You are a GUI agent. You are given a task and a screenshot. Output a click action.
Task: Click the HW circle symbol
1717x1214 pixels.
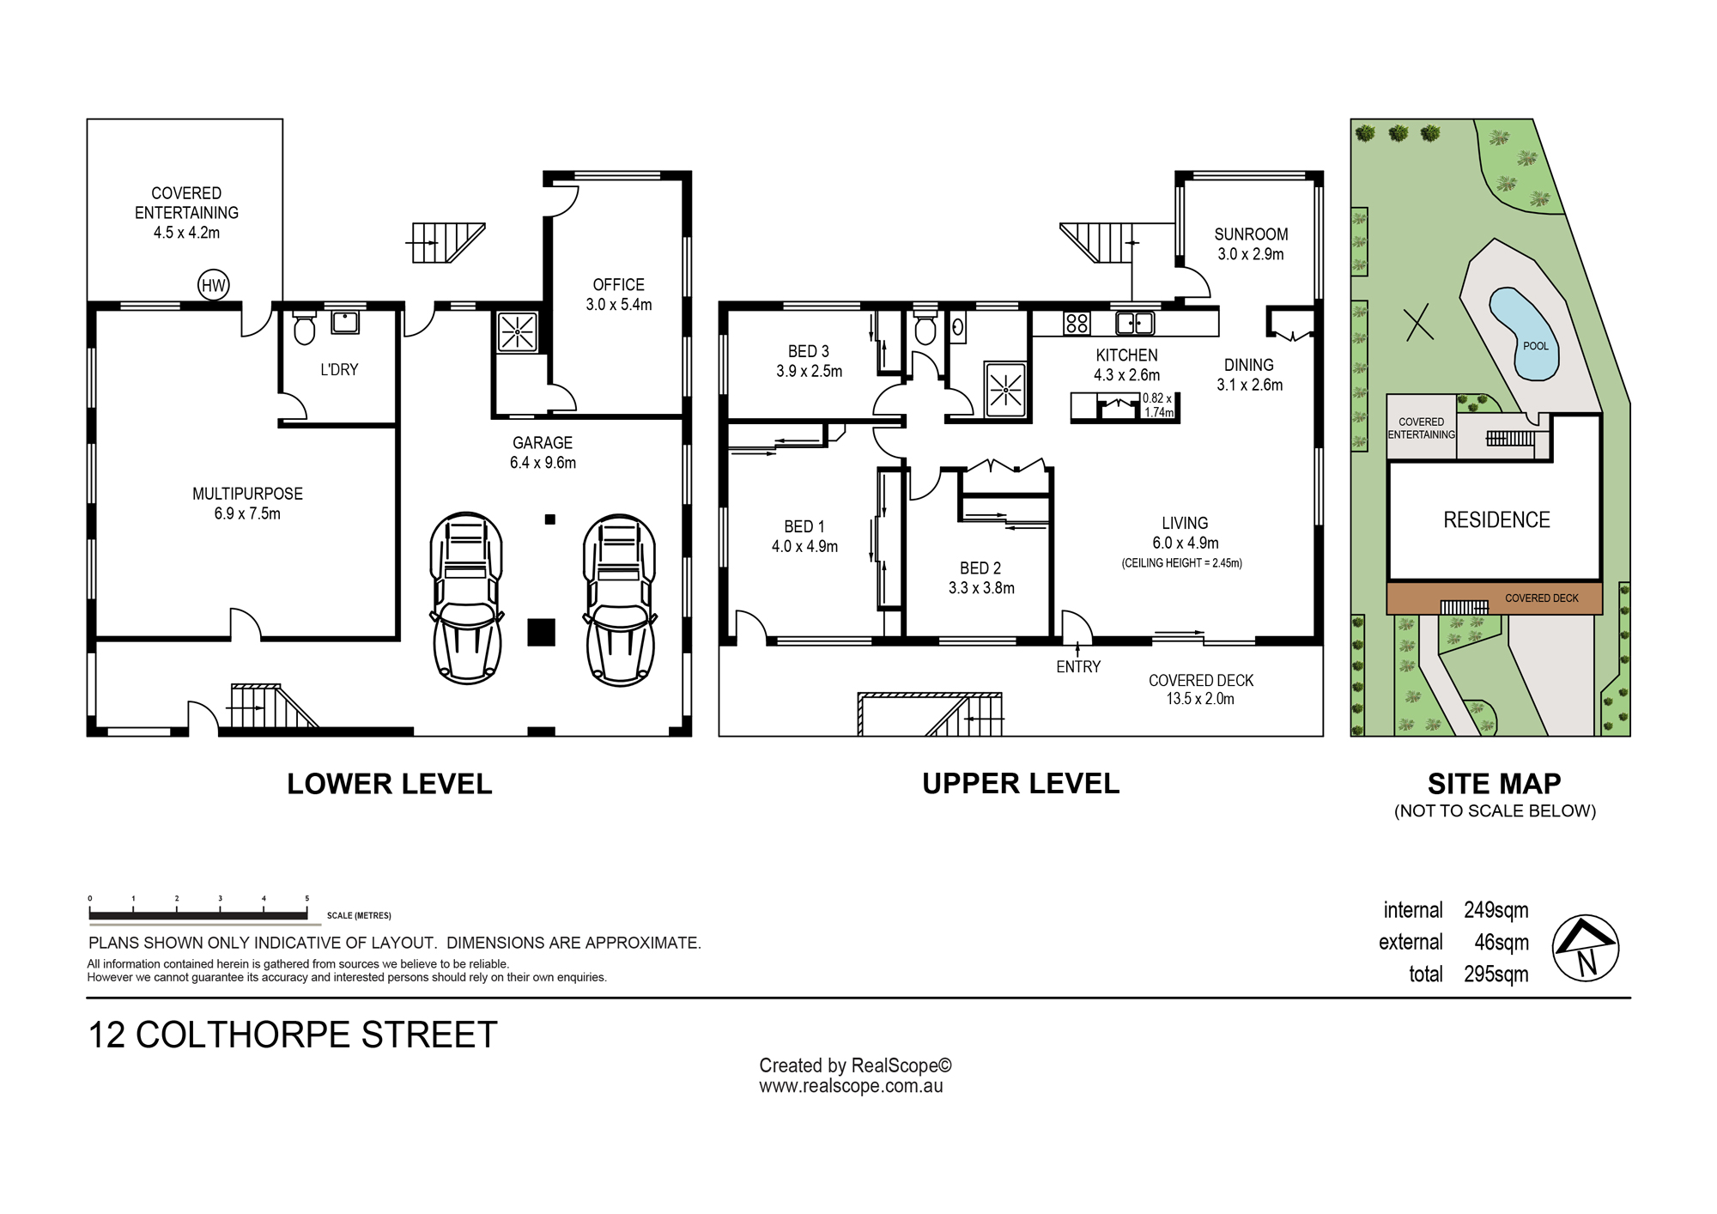click(213, 286)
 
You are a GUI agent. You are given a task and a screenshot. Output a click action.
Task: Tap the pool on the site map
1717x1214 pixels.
click(1523, 334)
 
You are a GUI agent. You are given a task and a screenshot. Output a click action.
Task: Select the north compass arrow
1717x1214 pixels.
click(1586, 948)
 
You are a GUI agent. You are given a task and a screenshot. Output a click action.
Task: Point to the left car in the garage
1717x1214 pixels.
click(466, 598)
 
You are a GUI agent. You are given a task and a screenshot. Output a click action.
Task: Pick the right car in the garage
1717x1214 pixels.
click(619, 599)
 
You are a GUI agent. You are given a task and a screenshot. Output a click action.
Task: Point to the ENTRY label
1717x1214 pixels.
click(1078, 667)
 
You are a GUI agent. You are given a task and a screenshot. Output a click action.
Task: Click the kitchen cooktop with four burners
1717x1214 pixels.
click(1077, 323)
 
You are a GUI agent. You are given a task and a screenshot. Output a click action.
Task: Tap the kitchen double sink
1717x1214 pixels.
click(1134, 323)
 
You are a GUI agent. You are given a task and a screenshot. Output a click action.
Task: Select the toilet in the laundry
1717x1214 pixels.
click(305, 327)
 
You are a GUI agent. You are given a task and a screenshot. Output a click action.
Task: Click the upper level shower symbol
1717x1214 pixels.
click(1005, 391)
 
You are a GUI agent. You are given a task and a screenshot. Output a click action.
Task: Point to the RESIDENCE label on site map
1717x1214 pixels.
click(1496, 520)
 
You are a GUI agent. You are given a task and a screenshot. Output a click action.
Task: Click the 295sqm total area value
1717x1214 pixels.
click(1496, 974)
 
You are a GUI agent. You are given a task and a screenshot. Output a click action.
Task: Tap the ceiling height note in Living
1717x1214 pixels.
click(1182, 563)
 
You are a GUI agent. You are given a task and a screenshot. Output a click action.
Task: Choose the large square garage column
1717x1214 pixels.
click(541, 632)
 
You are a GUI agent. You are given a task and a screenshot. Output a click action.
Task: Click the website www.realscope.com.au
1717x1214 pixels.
click(851, 1086)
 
